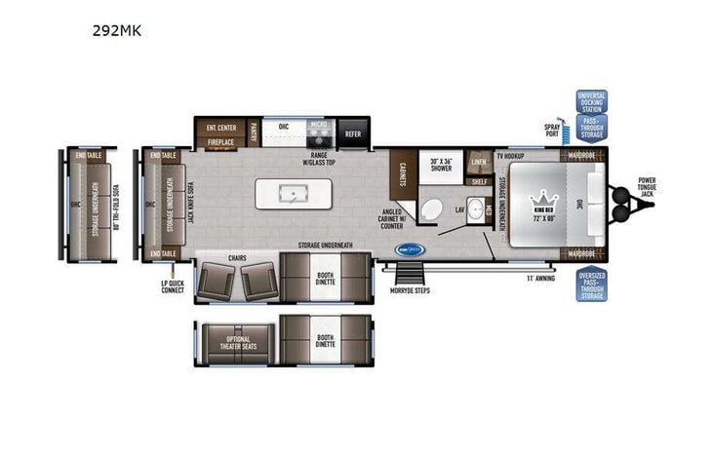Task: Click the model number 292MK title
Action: coord(117,30)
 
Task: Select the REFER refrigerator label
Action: coord(353,134)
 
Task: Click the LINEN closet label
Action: coord(479,162)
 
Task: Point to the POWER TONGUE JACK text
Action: coord(648,187)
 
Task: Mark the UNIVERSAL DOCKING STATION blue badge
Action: coord(591,102)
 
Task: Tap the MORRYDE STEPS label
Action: coord(410,289)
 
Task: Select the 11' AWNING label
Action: coord(540,280)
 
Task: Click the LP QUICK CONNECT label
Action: coord(173,286)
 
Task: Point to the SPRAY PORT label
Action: coord(551,129)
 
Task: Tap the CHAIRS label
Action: coord(237,258)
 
